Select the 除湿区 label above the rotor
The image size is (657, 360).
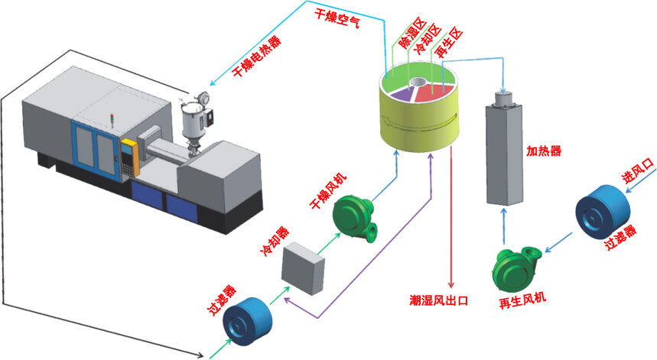(405, 34)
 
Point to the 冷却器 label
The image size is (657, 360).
(275, 240)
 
